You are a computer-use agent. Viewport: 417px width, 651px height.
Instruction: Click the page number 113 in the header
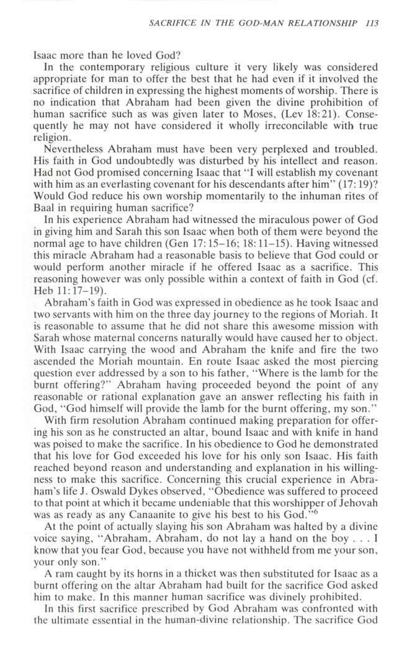[x=371, y=24]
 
